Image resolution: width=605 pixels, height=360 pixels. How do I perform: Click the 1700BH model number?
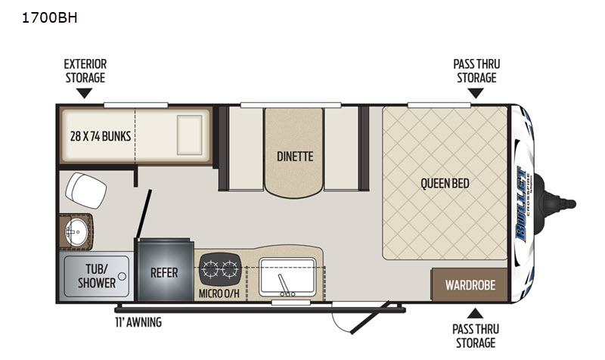(x=50, y=17)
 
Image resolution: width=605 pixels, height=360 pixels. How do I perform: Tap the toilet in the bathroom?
(x=85, y=191)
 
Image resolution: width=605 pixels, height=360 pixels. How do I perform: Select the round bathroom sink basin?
(x=76, y=232)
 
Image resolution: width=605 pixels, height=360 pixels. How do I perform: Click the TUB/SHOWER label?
(x=97, y=276)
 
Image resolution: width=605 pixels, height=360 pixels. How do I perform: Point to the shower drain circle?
(x=122, y=276)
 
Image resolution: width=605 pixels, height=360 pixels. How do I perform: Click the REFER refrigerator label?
(x=164, y=273)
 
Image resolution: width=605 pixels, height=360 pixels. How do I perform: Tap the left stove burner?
(x=211, y=268)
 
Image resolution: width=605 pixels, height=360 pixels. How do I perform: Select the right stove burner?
(x=230, y=268)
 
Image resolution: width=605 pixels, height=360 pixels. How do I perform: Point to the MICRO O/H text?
(x=219, y=293)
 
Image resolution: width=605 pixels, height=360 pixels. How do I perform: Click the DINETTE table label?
(x=295, y=157)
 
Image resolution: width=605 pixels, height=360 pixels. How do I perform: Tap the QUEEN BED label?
(x=445, y=183)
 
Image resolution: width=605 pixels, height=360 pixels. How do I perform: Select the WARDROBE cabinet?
(x=470, y=285)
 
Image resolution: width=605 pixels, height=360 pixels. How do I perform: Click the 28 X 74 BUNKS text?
(x=101, y=136)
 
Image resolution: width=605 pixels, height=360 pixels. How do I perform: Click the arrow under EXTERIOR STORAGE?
(x=84, y=93)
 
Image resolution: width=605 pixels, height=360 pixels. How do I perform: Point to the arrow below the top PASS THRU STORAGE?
(x=476, y=93)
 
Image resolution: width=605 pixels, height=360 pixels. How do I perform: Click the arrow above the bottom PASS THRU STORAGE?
(x=476, y=313)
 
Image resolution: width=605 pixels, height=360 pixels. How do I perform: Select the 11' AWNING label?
(x=138, y=322)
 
